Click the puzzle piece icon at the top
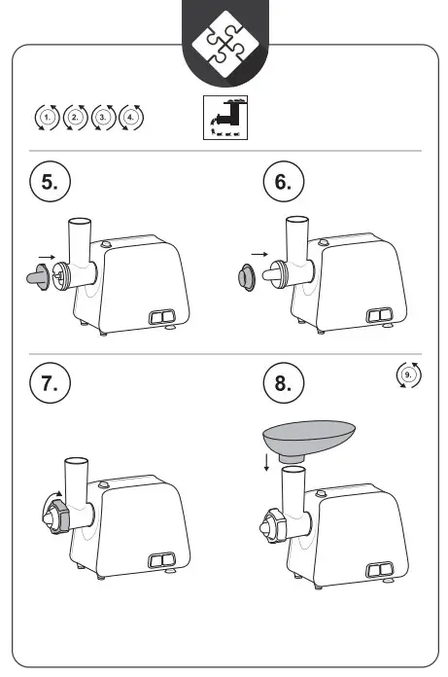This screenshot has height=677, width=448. click(x=225, y=45)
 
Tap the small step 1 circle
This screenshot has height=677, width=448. click(x=48, y=117)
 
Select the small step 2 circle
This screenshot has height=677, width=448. click(x=76, y=117)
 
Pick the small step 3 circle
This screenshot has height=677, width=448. click(x=103, y=117)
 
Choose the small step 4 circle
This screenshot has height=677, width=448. click(x=130, y=117)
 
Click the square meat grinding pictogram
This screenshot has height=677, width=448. click(x=225, y=118)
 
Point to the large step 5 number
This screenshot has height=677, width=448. click(x=50, y=181)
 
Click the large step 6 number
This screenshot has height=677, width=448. click(x=284, y=181)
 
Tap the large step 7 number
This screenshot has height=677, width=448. click(x=50, y=383)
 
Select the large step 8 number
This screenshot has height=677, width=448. click(x=284, y=383)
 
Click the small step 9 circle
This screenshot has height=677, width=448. click(x=408, y=374)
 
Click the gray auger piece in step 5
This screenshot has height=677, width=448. click(x=38, y=277)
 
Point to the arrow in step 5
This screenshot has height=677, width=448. click(x=47, y=257)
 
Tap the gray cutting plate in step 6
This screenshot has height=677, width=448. click(x=247, y=277)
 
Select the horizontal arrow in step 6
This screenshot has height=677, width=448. click(x=259, y=254)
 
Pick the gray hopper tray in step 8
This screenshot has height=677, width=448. click(x=309, y=440)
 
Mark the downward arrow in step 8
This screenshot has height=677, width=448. click(x=267, y=462)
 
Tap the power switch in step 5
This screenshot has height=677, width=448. click(x=162, y=317)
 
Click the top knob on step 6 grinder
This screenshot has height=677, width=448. click(x=323, y=242)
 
